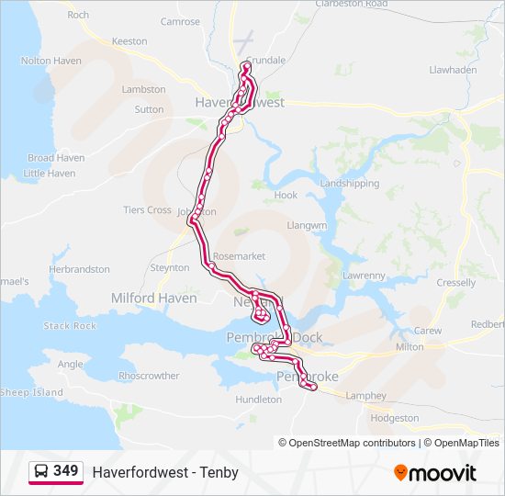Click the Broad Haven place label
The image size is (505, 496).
coord(56,158)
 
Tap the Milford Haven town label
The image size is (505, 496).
coord(153,299)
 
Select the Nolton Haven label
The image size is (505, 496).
coord(50,61)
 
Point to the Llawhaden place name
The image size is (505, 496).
coord(453,69)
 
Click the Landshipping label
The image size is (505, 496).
coord(349,184)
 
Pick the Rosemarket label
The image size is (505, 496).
coord(239,256)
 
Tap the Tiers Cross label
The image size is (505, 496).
coord(147,210)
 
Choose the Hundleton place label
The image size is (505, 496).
coord(258,400)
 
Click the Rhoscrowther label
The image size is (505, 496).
coord(149,376)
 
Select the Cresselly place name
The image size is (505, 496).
coord(456,283)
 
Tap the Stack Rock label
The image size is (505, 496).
coord(70,326)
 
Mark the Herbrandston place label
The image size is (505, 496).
coord(79,269)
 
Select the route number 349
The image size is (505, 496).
coord(66,471)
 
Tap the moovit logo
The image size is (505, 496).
coord(435,472)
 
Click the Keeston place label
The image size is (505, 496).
coord(129,41)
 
